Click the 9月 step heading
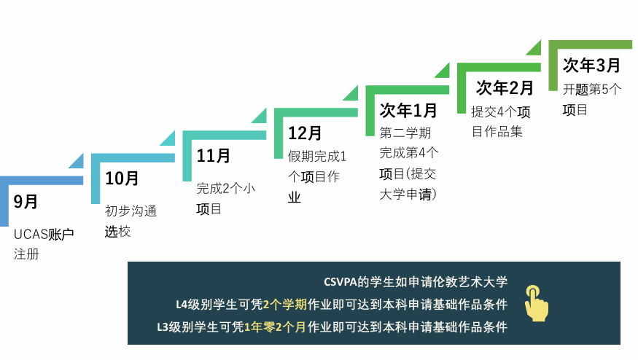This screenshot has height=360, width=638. [x=26, y=201]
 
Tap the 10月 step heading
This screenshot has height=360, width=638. [x=122, y=178]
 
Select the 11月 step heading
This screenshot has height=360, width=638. [x=213, y=155]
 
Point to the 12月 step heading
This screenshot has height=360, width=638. [x=305, y=133]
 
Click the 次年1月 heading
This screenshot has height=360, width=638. [x=408, y=110]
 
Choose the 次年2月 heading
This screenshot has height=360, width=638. [x=505, y=88]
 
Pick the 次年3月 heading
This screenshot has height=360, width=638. [x=591, y=65]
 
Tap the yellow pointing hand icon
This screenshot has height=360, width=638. [x=536, y=303]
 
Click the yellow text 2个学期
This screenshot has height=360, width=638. [x=285, y=305]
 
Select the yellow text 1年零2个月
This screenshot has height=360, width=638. [x=275, y=327]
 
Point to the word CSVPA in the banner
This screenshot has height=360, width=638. [x=341, y=282]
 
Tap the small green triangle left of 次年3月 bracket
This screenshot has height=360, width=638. [x=534, y=47]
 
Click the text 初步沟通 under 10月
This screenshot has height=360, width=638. [x=131, y=211]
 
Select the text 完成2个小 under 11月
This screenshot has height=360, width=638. [x=226, y=188]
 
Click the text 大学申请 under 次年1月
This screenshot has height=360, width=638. [x=405, y=194]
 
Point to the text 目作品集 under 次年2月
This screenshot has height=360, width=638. [x=497, y=131]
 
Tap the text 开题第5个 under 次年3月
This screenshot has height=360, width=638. [x=592, y=89]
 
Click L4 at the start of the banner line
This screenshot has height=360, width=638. [x=182, y=305]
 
